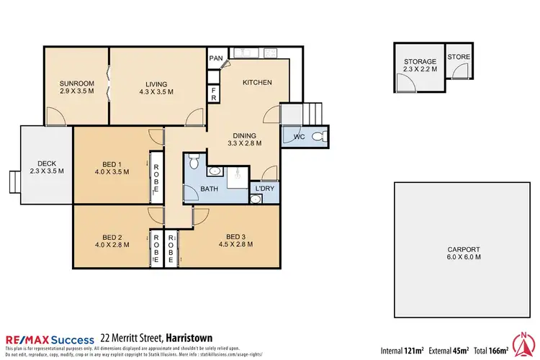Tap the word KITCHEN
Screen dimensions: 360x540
[257, 83]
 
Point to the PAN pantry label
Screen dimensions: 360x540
[215, 58]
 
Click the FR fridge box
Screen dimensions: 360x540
[214, 94]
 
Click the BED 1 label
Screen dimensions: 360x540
[111, 168]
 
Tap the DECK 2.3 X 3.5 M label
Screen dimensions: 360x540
[46, 166]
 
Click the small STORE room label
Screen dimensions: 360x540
[458, 57]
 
